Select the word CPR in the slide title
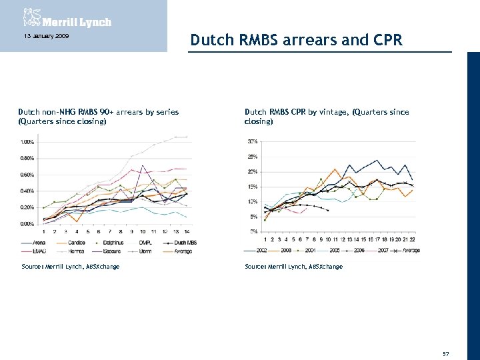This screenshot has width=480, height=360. pos(387,41)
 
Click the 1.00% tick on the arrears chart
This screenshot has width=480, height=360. pos(27,142)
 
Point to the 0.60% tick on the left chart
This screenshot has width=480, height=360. pos(27,175)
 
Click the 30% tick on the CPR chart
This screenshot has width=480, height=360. pos(253,141)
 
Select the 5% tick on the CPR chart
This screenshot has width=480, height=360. pos(255,217)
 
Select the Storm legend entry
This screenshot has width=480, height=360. pos(145,251)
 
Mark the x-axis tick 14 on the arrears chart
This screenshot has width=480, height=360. pos(186,231)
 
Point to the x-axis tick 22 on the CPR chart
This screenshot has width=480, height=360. pos(413,238)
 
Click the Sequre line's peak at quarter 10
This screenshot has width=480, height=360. pos(143,165)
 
